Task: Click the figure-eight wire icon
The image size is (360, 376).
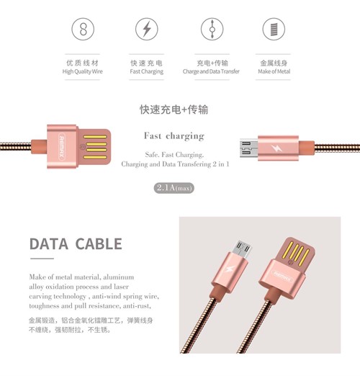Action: pos(83,29)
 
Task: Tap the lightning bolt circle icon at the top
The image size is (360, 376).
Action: pos(147,29)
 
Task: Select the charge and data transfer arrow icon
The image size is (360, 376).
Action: pos(212,29)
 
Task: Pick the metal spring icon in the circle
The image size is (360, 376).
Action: pos(274,29)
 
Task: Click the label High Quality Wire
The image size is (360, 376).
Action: pos(83,71)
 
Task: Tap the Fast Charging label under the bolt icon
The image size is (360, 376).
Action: pos(147,71)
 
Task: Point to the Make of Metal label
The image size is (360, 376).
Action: pos(274,71)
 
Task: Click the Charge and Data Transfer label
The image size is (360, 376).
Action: pos(211,71)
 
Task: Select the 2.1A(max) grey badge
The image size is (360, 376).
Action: pos(174,188)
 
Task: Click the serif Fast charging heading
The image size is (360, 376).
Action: pos(174,136)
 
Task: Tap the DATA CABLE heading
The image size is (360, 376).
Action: pos(76,244)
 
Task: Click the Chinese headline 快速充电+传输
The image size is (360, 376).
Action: pos(174,109)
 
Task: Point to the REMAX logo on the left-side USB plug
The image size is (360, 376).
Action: pos(62,146)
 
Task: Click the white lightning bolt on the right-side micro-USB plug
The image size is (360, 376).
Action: pos(276,148)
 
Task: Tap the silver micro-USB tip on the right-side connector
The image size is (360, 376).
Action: pos(249,148)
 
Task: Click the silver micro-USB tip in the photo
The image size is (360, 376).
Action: pos(243,249)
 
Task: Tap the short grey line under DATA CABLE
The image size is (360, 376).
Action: pos(42,259)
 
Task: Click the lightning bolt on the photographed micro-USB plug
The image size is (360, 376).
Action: pos(229,269)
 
